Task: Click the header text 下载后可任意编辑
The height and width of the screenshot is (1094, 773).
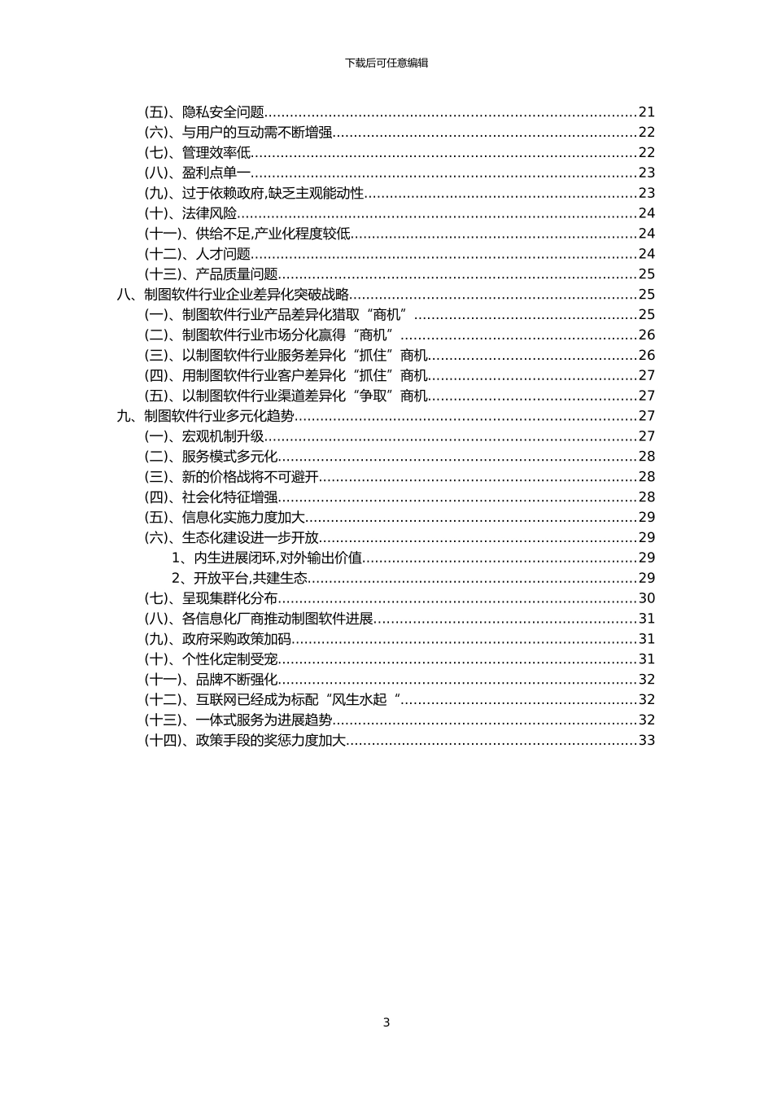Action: coord(386,63)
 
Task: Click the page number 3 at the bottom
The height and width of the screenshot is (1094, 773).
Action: coord(386,1022)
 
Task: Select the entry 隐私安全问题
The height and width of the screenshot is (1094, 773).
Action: coord(224,112)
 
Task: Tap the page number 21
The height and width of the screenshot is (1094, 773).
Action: coord(646,112)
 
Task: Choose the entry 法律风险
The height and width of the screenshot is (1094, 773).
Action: coord(210,214)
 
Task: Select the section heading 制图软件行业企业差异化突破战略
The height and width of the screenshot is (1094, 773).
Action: coord(247,295)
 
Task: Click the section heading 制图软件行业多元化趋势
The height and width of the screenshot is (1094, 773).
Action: coord(220,416)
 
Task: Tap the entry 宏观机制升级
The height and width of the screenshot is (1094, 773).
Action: coord(224,436)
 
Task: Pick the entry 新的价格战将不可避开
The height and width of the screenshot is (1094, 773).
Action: coord(251,477)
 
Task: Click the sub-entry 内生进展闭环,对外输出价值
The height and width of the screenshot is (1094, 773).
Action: coord(278,558)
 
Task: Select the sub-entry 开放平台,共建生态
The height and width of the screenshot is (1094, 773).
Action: coord(251,578)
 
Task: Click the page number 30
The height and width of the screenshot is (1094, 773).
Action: coord(646,598)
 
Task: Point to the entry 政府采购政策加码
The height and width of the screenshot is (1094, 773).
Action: coord(237,639)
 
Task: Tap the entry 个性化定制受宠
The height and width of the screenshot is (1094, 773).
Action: coord(230,659)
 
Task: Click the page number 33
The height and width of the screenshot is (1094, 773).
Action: coord(646,740)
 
